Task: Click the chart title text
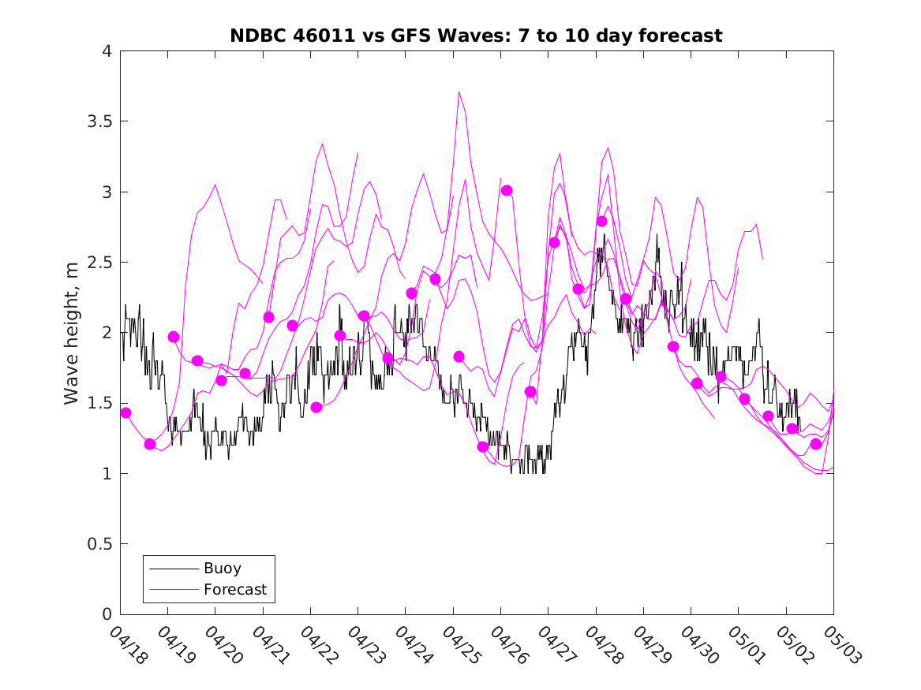click(x=476, y=35)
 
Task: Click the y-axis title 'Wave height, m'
click(x=72, y=333)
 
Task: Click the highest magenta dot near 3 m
click(x=507, y=190)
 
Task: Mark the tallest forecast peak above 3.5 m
click(x=459, y=92)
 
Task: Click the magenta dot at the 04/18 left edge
click(x=125, y=412)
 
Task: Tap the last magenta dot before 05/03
click(x=816, y=444)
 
